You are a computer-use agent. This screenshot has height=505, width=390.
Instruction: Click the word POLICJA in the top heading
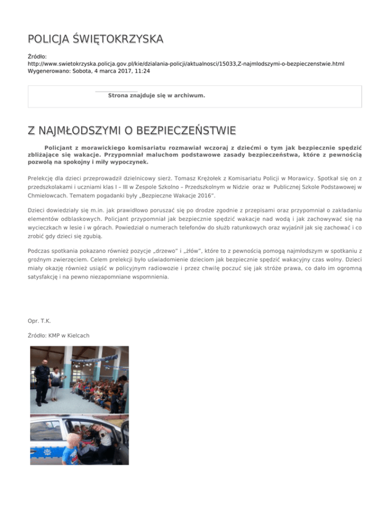[49, 39]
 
